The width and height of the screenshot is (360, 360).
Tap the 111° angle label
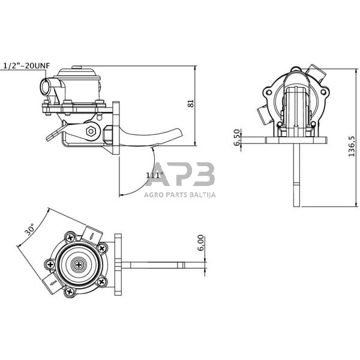coord(154,175)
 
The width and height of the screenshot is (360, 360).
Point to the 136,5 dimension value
coord(352,144)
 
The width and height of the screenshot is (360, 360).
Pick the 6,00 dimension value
coord(201,243)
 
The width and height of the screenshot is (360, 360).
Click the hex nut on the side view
coord(91,131)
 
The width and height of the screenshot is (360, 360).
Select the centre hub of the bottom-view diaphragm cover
coord(77,264)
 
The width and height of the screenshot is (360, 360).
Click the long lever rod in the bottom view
coord(162,263)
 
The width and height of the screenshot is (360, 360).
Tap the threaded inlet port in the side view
coord(46,86)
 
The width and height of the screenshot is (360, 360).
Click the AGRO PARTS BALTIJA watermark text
coord(181,194)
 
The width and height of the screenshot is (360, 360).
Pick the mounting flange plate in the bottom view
coord(118,263)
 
